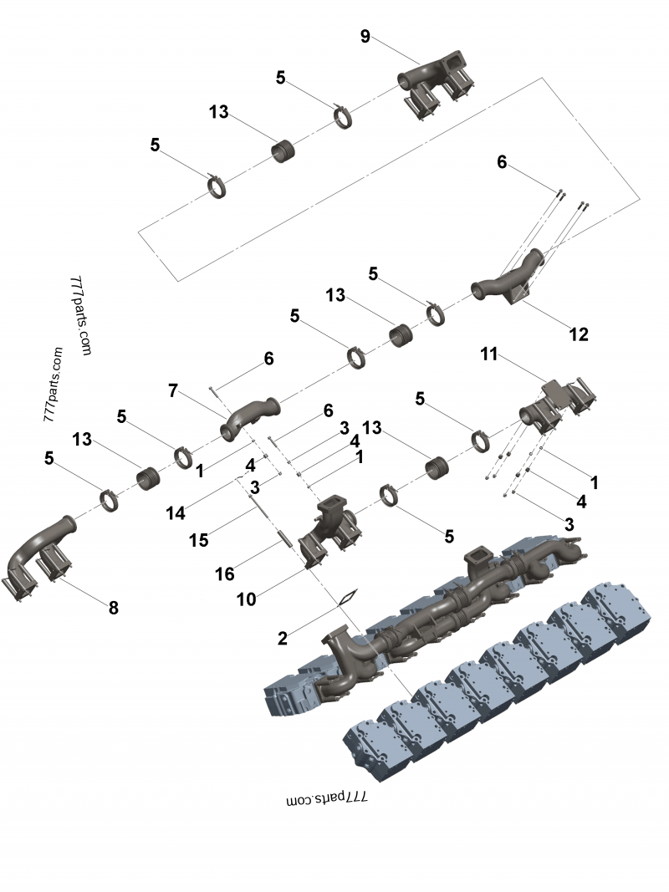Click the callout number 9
point(365,36)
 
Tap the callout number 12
point(579,334)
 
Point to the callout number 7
point(173,390)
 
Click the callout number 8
point(114,608)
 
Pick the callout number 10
point(246,599)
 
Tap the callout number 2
point(283,639)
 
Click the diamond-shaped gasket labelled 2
point(346,598)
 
